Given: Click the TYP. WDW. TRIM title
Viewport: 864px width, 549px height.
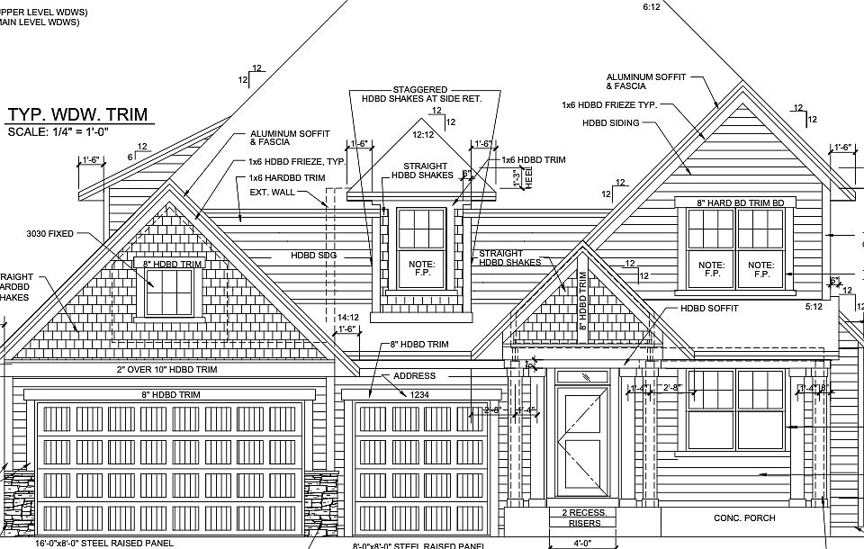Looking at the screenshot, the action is coord(76,114).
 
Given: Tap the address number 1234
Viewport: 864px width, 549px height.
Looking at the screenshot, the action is coord(419,394).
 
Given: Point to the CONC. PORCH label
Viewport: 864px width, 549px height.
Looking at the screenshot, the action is coord(744,518).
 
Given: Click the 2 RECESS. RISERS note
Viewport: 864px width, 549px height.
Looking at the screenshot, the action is coord(585,517).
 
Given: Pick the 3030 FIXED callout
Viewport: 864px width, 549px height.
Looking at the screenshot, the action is coord(50,234).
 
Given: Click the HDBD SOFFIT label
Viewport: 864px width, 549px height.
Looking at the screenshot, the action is coord(709,309).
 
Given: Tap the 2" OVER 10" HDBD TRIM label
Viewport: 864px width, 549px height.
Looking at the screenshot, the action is coord(166,370).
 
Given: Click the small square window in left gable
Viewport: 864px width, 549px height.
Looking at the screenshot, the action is coord(170,292).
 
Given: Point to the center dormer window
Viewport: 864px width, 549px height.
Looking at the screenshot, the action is coord(421,247).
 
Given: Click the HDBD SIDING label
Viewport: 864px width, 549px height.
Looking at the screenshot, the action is coord(610,123).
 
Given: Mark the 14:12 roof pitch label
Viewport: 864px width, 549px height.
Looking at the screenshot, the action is coord(348,318).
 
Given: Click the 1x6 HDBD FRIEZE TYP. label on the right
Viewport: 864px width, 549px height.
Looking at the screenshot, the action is coord(609,105).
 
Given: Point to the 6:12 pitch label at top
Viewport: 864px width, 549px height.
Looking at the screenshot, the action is coord(652,6).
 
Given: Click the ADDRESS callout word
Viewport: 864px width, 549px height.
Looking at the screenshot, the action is coord(414,376).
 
